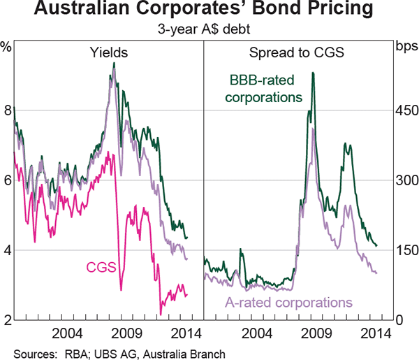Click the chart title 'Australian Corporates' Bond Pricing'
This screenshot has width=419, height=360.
pos(209,12)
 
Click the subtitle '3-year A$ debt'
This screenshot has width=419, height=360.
pos(209,30)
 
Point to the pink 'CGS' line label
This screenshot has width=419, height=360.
pos(101,266)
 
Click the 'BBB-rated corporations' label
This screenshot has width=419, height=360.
pos(267,89)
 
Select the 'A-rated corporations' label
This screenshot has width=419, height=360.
pos(288,303)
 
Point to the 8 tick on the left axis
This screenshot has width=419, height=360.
pos(7,110)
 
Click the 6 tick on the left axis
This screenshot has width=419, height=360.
pos(7,180)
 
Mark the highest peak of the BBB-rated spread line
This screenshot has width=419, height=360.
pos(313,73)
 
